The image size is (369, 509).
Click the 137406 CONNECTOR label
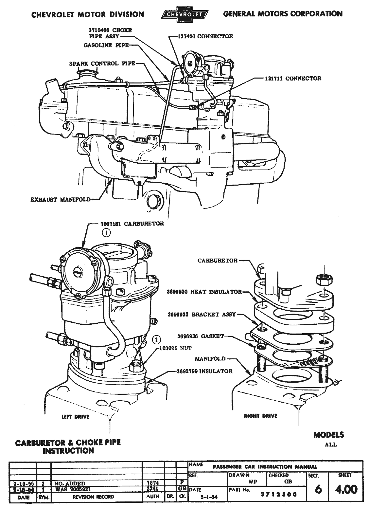click(205, 36)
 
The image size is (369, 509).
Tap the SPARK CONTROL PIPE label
click(102, 64)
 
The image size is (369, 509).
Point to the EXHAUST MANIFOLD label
click(60, 199)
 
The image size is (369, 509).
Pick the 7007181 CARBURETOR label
click(132, 224)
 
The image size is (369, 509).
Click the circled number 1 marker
click(106, 233)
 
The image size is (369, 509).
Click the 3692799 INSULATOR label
click(204, 371)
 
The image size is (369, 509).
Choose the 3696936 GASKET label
click(201, 336)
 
